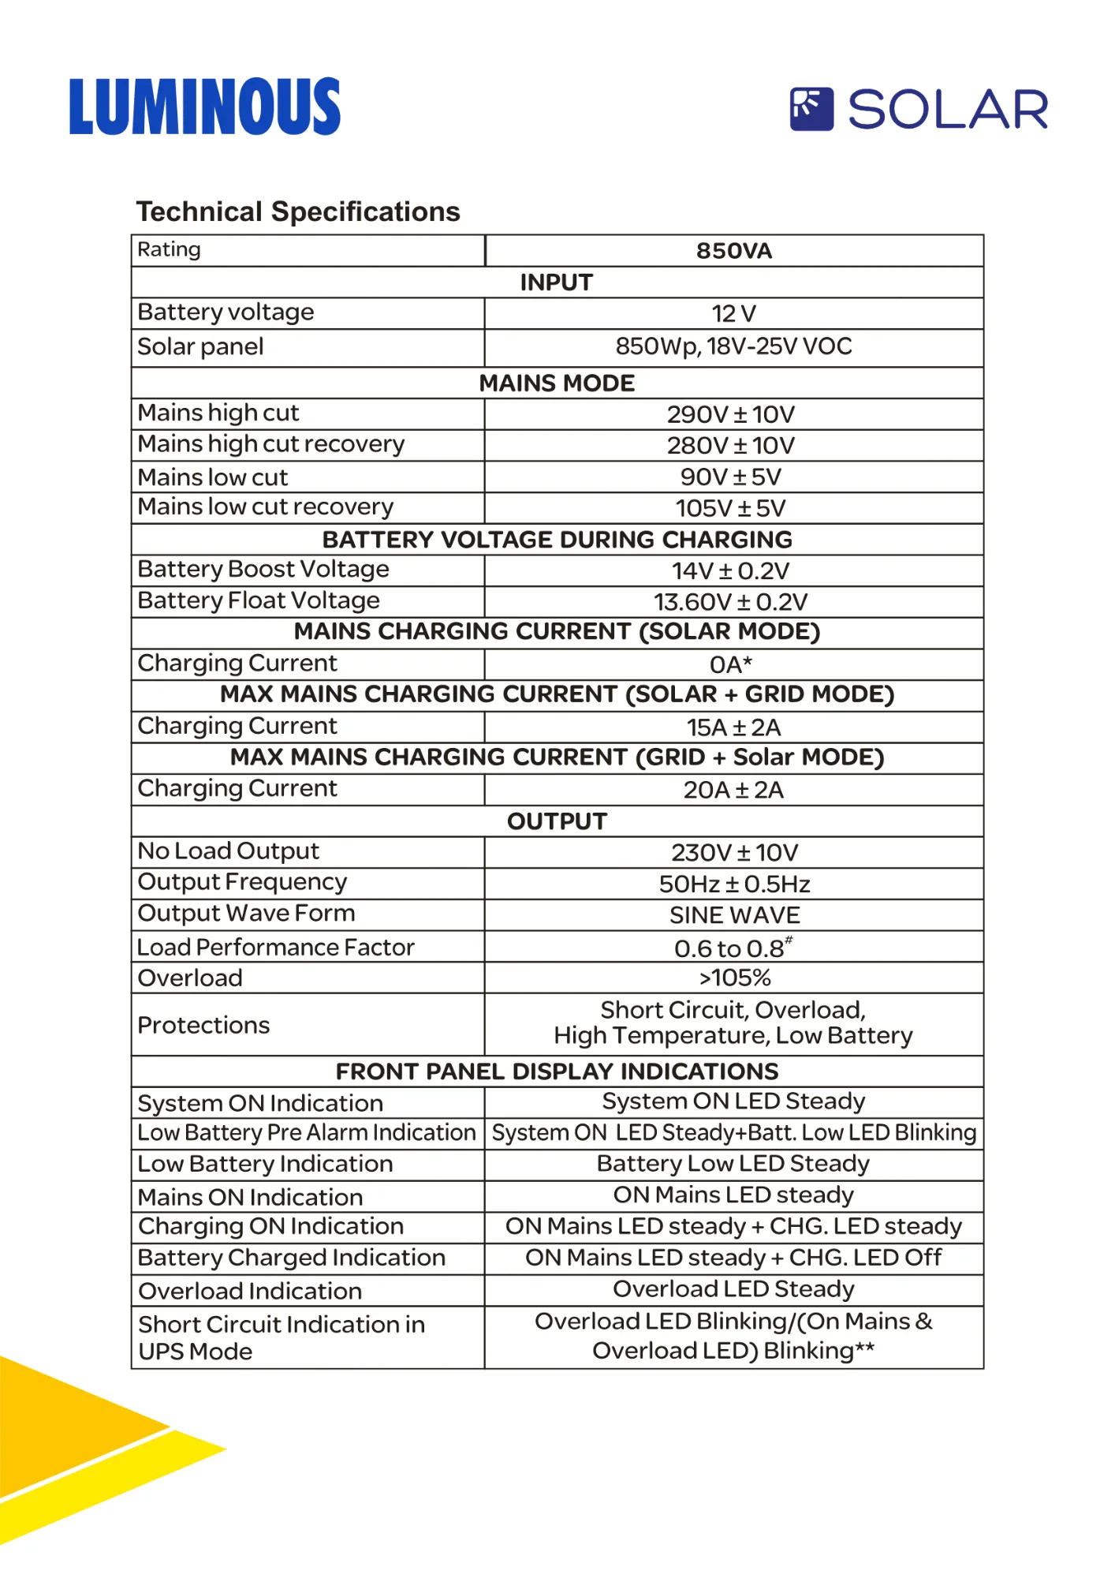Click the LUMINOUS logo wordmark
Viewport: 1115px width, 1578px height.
click(x=205, y=107)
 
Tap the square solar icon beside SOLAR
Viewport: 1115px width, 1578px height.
click(x=811, y=109)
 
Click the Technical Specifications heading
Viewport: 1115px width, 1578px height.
click(x=298, y=211)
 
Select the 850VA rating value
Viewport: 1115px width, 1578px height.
click(x=733, y=251)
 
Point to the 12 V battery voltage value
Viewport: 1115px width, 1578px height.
click(x=733, y=314)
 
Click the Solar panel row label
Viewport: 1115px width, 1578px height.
click(x=200, y=346)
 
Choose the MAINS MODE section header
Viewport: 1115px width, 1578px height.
click(x=557, y=383)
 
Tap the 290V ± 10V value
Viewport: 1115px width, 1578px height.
click(x=731, y=414)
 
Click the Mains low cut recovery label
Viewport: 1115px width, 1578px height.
click(x=265, y=507)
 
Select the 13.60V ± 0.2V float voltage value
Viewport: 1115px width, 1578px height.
click(x=730, y=602)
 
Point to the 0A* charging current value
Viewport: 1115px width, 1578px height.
click(x=730, y=664)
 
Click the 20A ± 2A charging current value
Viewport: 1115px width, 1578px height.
click(x=733, y=790)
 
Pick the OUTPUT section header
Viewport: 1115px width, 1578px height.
click(x=557, y=821)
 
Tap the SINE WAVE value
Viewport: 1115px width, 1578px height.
click(x=734, y=915)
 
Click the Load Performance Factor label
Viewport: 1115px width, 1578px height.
click(x=275, y=947)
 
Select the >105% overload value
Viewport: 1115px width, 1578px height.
click(x=734, y=978)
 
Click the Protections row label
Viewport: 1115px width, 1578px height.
click(x=203, y=1025)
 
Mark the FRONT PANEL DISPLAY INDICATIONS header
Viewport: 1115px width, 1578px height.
click(x=557, y=1071)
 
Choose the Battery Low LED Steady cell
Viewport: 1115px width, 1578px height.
click(x=733, y=1164)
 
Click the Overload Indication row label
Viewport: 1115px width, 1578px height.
click(x=250, y=1291)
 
